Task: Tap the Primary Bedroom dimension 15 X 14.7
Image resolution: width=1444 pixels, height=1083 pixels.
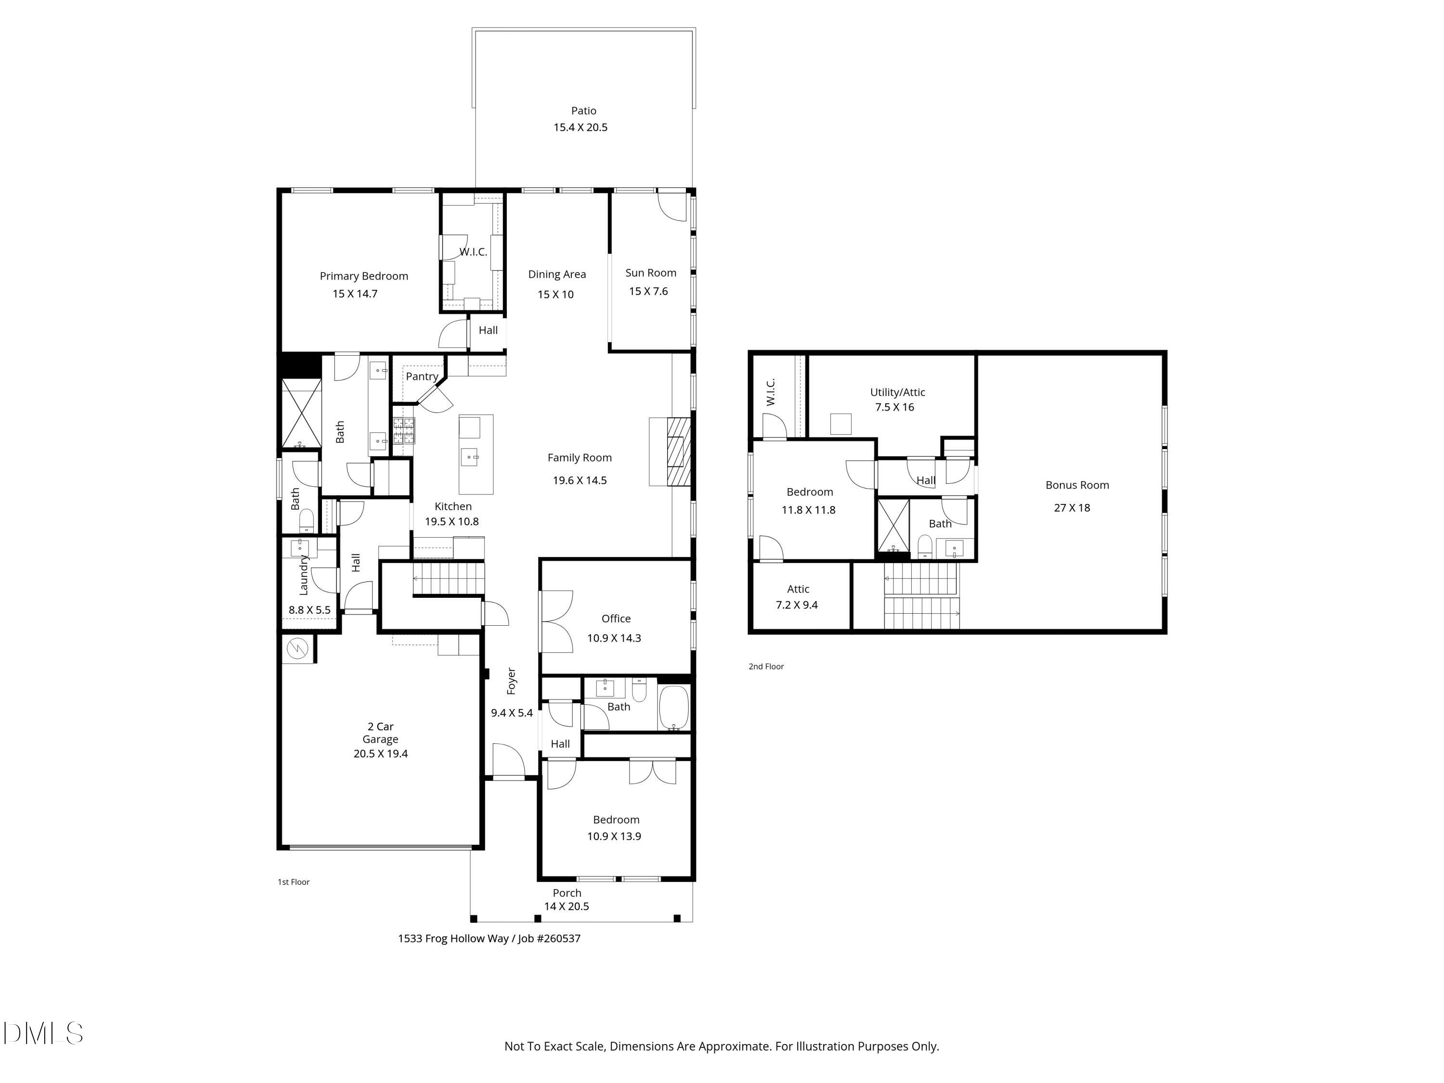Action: pyautogui.click(x=355, y=294)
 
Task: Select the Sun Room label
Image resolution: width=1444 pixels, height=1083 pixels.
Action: pyautogui.click(x=650, y=273)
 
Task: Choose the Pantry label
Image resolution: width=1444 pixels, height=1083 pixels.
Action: pyautogui.click(x=422, y=377)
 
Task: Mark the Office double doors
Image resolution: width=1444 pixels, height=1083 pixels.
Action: pyautogui.click(x=556, y=621)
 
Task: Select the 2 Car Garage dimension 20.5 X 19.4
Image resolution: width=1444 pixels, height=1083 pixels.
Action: pyautogui.click(x=381, y=753)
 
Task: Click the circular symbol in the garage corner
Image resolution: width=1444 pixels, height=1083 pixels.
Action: pyautogui.click(x=297, y=648)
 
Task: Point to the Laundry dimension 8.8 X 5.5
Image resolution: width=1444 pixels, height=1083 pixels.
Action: pyautogui.click(x=309, y=610)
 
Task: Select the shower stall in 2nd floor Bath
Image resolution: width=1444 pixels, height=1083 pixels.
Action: pyautogui.click(x=892, y=526)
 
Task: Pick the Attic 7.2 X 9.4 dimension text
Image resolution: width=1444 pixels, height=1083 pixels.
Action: pyautogui.click(x=797, y=605)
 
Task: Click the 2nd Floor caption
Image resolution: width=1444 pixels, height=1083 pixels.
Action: pyautogui.click(x=766, y=667)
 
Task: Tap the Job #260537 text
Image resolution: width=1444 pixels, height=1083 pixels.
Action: pyautogui.click(x=549, y=939)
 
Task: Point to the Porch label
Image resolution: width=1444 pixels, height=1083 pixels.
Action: pyautogui.click(x=567, y=893)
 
